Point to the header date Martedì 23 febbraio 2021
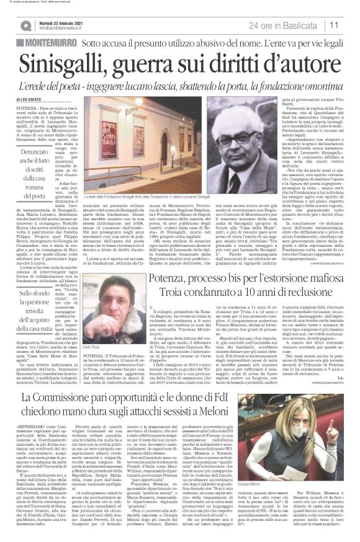[60, 22]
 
